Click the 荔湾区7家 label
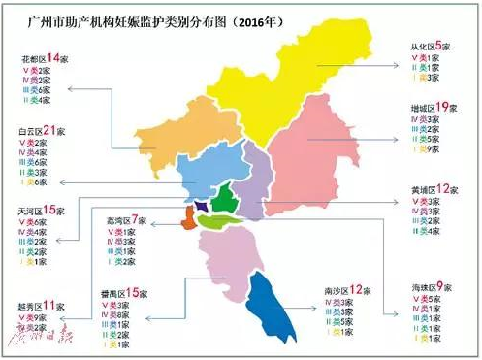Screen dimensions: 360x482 click(128, 222)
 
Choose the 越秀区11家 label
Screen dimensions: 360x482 click(38, 306)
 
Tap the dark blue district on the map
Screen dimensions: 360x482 click(269, 301)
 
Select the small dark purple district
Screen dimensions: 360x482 click(202, 207)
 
